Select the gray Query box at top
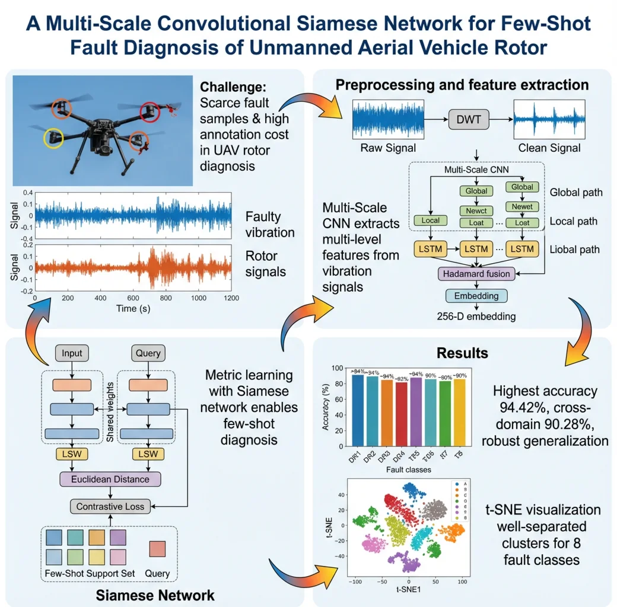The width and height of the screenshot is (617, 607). (148, 353)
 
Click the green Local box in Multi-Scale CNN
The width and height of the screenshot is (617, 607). (431, 220)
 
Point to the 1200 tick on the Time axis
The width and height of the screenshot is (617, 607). (231, 298)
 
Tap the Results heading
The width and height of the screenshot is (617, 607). (462, 353)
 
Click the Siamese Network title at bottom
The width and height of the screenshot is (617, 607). (155, 595)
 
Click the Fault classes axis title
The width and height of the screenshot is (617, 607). (409, 468)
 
